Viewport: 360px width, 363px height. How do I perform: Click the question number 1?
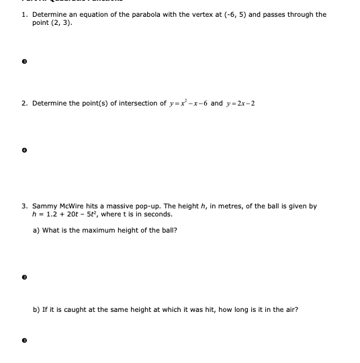click(24, 14)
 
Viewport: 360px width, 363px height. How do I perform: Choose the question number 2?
click(24, 104)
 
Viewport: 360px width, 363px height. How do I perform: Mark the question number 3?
click(24, 206)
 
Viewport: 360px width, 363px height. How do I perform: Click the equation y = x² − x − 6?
click(181, 104)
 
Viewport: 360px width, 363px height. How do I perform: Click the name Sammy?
click(44, 206)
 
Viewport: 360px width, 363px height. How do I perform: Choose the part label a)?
click(36, 230)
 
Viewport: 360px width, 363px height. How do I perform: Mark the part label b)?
click(36, 310)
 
